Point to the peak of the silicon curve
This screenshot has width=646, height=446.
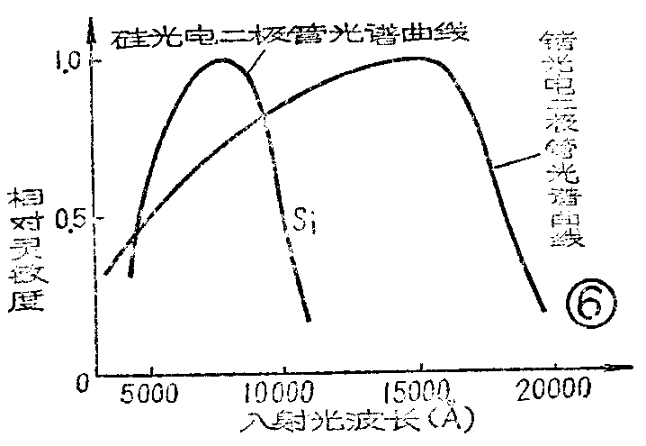[223, 59]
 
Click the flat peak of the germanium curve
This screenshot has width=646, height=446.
[416, 59]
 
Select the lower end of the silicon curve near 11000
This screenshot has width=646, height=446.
[309, 318]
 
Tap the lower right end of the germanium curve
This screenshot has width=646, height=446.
[544, 309]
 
